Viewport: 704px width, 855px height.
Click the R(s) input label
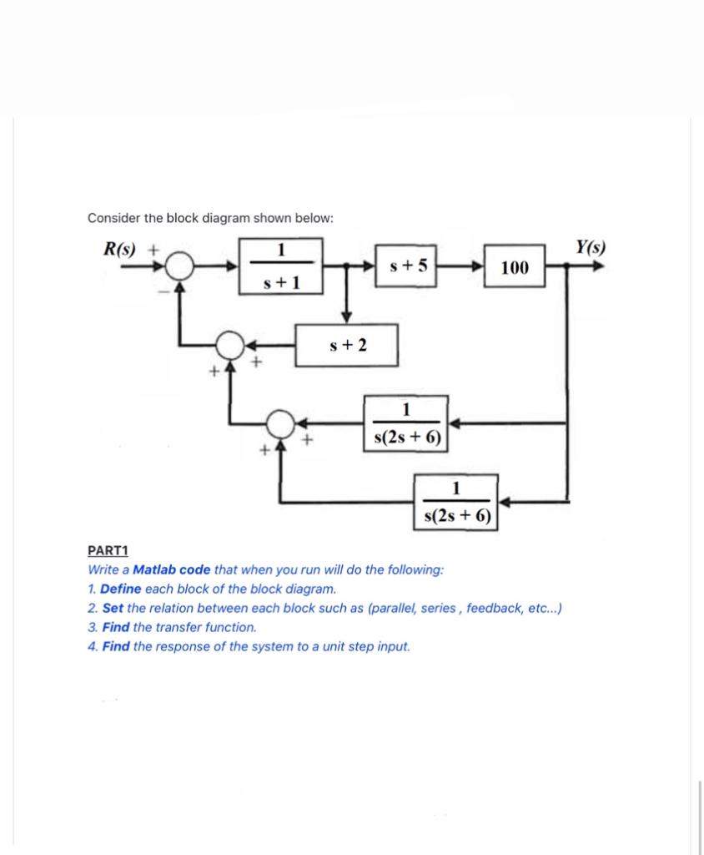tap(120, 248)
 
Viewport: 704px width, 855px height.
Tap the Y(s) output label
tap(591, 247)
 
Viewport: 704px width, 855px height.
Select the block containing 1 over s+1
tap(281, 266)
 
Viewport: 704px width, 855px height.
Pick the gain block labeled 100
tap(515, 267)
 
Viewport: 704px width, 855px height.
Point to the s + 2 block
tap(348, 346)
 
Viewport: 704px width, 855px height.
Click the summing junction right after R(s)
tap(179, 267)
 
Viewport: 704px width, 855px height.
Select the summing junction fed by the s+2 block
tap(230, 344)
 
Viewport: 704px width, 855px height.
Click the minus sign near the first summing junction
tap(164, 291)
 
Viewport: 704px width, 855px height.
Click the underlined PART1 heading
tap(108, 550)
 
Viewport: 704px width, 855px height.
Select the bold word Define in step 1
tap(120, 589)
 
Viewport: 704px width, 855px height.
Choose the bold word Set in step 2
tap(113, 608)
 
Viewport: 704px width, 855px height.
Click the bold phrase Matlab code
tap(171, 569)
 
